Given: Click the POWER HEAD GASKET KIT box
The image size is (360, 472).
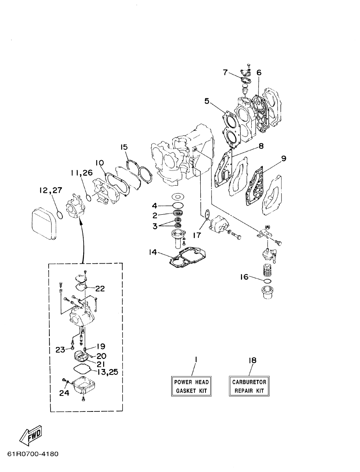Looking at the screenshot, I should [x=191, y=386].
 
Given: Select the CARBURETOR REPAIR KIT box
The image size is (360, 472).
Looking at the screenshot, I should [x=249, y=386].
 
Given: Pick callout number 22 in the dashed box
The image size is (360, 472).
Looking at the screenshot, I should [x=100, y=288].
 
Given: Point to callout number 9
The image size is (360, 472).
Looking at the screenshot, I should [x=284, y=159].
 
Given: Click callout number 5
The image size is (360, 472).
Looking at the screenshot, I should [x=207, y=101].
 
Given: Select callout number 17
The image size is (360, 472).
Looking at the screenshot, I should [x=197, y=235].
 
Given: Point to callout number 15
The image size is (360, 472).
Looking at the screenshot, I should [x=124, y=147].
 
